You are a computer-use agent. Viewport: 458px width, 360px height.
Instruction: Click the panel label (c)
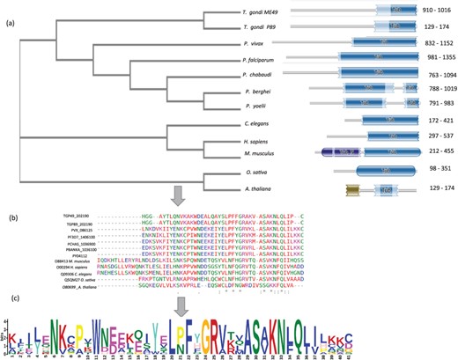tap(11, 297)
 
